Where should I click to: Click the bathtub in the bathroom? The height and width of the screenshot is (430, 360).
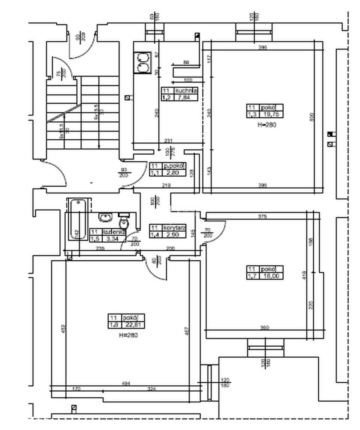(78, 224)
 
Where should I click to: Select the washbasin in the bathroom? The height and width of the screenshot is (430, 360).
(104, 217)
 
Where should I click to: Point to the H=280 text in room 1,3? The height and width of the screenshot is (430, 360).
(265, 125)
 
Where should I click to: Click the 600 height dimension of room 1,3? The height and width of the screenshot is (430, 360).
(312, 117)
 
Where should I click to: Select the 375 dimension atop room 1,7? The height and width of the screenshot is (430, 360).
(263, 217)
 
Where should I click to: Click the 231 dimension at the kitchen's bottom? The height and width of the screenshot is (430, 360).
(168, 140)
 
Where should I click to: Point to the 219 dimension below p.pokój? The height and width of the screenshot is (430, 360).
(167, 185)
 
